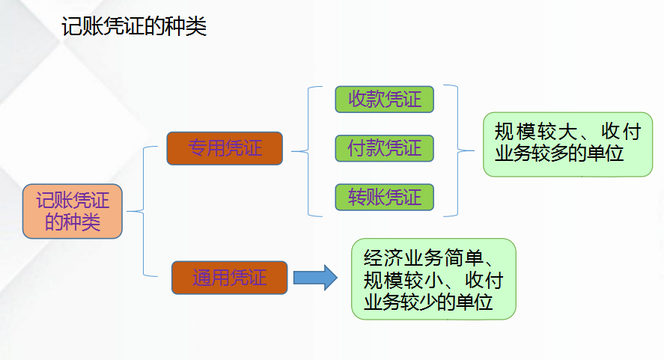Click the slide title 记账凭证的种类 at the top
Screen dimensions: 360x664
[x=133, y=28]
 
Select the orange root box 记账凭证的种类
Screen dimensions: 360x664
[x=73, y=211]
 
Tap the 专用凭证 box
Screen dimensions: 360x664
[x=225, y=147]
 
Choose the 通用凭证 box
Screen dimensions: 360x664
[x=229, y=277]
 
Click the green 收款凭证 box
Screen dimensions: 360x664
[x=385, y=100]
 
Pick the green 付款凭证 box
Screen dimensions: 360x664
[x=385, y=148]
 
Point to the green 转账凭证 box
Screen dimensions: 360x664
[x=385, y=197]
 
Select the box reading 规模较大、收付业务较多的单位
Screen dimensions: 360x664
[x=567, y=144]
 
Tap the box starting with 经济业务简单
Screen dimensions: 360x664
[x=433, y=279]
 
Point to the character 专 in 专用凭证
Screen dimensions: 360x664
[x=197, y=147]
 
